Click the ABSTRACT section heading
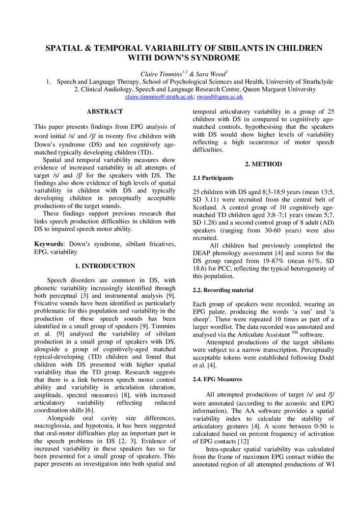(x=104, y=111)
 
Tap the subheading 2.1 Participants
(x=213, y=178)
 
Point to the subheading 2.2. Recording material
(x=223, y=290)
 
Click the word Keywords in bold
(x=48, y=244)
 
